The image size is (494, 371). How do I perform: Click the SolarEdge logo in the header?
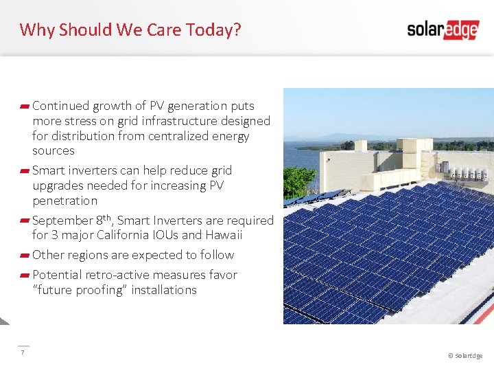pos(443,29)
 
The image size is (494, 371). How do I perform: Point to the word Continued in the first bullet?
pos(60,106)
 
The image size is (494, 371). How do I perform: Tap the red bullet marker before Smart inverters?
pos(25,170)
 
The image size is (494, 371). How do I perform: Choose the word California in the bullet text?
pos(120,235)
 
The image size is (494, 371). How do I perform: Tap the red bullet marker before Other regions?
pos(25,255)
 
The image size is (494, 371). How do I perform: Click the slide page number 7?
pos(23,352)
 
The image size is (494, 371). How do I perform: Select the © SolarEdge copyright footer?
pos(464,355)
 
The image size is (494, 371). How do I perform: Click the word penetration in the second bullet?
pos(64,201)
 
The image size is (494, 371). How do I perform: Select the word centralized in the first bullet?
pos(184,136)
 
